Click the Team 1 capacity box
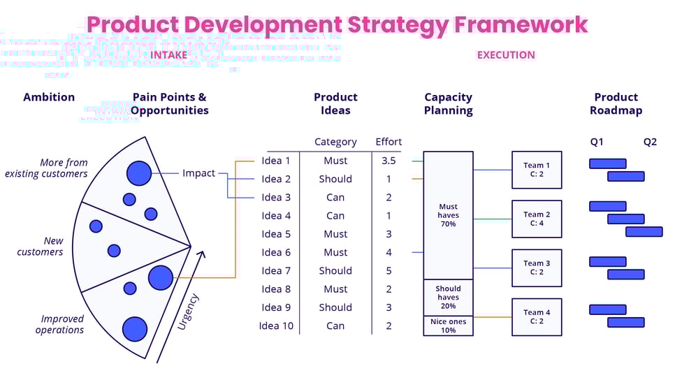pyautogui.click(x=537, y=170)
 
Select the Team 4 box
pyautogui.click(x=537, y=316)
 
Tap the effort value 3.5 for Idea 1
pyautogui.click(x=389, y=161)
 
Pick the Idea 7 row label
pyautogui.click(x=276, y=270)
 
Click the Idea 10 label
pyautogui.click(x=276, y=326)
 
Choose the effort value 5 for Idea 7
pyautogui.click(x=389, y=270)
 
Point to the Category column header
pyautogui.click(x=335, y=142)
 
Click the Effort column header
pyautogui.click(x=389, y=142)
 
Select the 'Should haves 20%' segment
pyautogui.click(x=448, y=298)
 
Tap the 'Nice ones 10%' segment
pyautogui.click(x=448, y=326)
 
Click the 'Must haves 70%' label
pyautogui.click(x=448, y=215)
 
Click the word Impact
pyautogui.click(x=198, y=173)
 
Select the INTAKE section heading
pyautogui.click(x=168, y=54)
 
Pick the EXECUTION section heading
pyautogui.click(x=506, y=54)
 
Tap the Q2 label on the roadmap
pyautogui.click(x=650, y=142)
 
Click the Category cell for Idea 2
pyautogui.click(x=335, y=179)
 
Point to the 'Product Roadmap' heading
pyautogui.click(x=616, y=103)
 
